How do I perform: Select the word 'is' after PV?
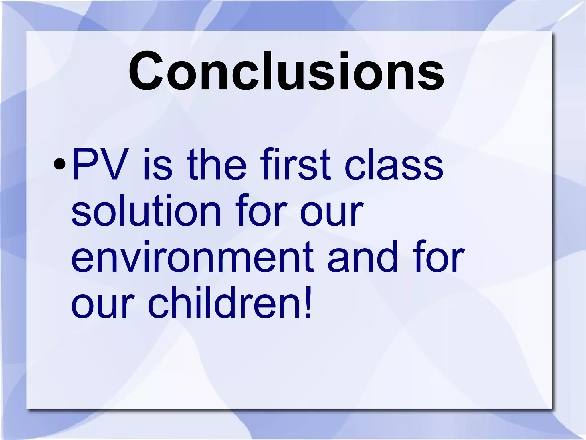click(158, 165)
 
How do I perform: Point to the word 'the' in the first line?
click(217, 165)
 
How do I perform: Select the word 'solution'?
click(146, 211)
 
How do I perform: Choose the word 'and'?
click(363, 256)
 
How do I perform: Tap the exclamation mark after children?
click(308, 303)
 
